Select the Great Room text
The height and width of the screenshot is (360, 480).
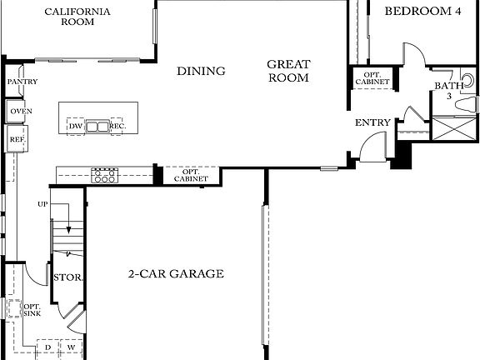288,71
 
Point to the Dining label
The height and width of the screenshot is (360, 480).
201,72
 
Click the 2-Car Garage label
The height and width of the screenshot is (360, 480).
176,273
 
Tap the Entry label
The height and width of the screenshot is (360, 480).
372,123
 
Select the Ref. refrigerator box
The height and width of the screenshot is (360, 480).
17,139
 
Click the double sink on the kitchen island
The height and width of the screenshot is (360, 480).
98,127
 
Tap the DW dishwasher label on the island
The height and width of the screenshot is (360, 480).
76,127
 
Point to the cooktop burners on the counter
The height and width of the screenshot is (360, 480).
104,175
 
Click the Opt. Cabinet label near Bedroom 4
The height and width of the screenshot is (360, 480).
371,78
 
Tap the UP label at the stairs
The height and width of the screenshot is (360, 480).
42,204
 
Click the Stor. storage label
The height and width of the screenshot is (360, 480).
67,278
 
